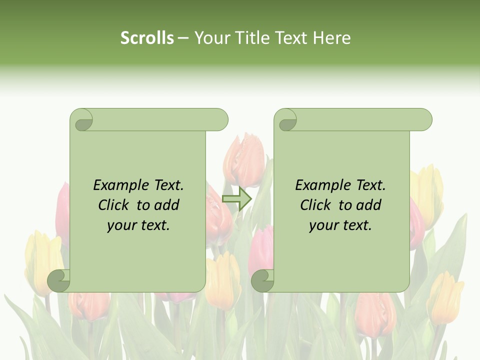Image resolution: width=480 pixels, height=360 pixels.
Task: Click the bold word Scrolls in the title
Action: pyautogui.click(x=147, y=38)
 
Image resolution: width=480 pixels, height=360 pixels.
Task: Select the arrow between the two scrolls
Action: pyautogui.click(x=236, y=199)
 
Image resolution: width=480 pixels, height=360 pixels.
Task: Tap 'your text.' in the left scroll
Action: pyautogui.click(x=138, y=225)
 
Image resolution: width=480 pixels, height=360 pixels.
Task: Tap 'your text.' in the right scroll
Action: pyautogui.click(x=340, y=225)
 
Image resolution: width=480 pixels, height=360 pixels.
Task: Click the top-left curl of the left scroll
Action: pyautogui.click(x=81, y=120)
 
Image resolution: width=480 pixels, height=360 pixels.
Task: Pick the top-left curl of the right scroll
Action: pyautogui.click(x=286, y=120)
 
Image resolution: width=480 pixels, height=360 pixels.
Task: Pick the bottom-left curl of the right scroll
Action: pyautogui.click(x=262, y=281)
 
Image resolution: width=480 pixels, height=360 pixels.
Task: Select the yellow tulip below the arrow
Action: pyautogui.click(x=223, y=280)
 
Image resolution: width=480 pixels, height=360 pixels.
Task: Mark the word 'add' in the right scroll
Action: pyautogui.click(x=369, y=205)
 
